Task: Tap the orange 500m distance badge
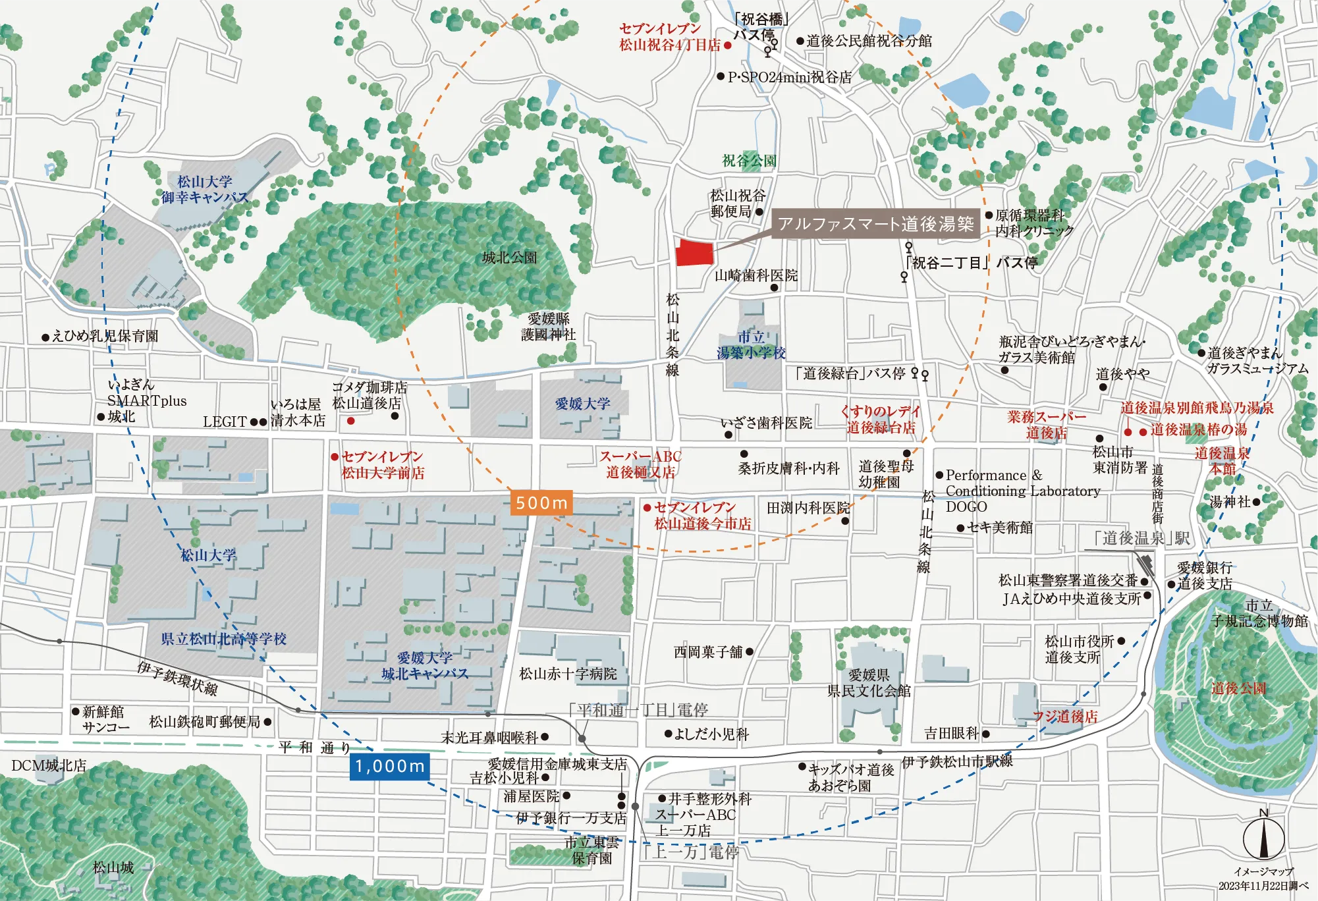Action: coord(541,503)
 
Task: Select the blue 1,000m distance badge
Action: coord(390,766)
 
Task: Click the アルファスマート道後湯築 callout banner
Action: coord(875,224)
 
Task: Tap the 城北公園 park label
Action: coord(509,258)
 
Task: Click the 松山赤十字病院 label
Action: coord(568,674)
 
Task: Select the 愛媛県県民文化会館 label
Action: coord(869,683)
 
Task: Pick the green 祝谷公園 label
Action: coord(749,160)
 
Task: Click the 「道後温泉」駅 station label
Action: coord(1141,538)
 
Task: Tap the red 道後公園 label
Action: coord(1238,688)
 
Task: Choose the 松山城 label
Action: coord(113,867)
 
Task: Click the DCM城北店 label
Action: coord(49,765)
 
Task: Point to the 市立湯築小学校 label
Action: coord(751,345)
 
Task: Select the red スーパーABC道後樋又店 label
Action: coord(640,464)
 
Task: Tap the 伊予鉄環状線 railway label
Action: coord(177,678)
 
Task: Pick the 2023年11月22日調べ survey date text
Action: coord(1263,886)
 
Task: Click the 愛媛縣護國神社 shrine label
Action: coord(548,327)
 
